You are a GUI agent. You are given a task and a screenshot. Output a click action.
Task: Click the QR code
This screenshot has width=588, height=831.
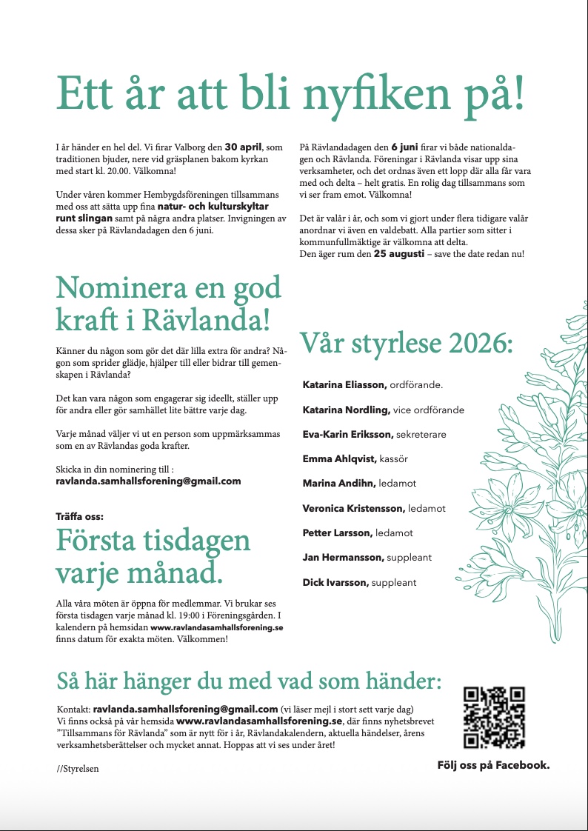[x=494, y=717]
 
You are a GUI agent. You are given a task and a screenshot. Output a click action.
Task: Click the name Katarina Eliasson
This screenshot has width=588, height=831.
[x=344, y=385]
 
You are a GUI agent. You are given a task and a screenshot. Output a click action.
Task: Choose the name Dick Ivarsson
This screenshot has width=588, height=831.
[x=335, y=583]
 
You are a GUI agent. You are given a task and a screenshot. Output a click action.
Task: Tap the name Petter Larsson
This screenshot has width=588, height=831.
[x=337, y=533]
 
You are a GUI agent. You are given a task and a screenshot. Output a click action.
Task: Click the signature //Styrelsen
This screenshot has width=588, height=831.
[x=78, y=769]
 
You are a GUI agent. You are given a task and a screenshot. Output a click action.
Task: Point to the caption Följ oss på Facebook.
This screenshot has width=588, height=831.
[x=493, y=765]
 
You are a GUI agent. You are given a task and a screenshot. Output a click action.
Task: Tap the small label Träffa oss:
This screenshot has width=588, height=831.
[x=79, y=516]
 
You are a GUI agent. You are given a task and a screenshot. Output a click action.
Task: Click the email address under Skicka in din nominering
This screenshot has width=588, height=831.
[x=148, y=481]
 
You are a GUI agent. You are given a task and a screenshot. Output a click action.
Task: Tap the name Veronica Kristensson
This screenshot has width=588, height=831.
[x=353, y=509]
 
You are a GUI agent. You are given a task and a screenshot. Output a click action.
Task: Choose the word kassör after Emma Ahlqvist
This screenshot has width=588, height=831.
[x=393, y=459]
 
